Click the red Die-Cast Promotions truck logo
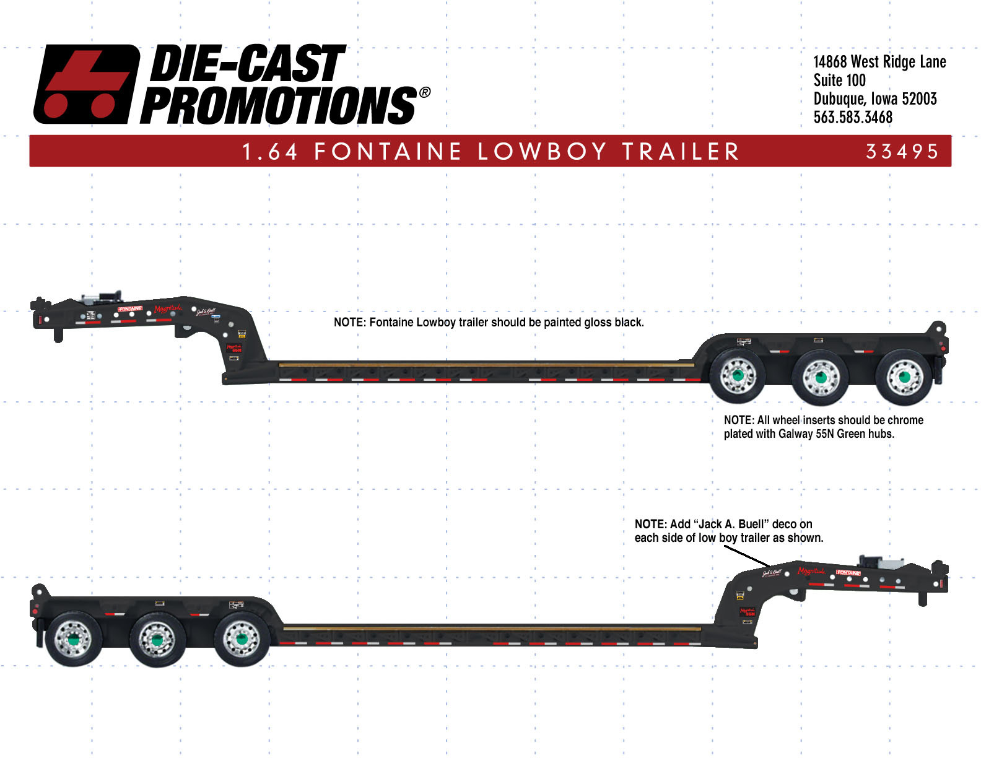[x=87, y=84]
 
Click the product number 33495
[x=902, y=152]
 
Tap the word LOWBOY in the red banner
[x=542, y=152]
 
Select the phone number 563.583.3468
[x=853, y=117]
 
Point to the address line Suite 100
[x=839, y=81]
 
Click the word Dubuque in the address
[x=839, y=99]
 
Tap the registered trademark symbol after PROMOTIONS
[x=424, y=93]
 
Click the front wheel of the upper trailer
[x=737, y=376]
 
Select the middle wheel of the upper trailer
[x=820, y=376]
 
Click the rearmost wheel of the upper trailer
[x=904, y=376]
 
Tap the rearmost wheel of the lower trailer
[x=73, y=639]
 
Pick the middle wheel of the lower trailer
[x=157, y=639]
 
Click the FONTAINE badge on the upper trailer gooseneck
[x=130, y=308]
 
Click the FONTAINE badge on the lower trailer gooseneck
[x=848, y=573]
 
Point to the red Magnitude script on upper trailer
[x=168, y=308]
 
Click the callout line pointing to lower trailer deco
[x=746, y=556]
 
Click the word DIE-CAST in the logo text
[x=246, y=64]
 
